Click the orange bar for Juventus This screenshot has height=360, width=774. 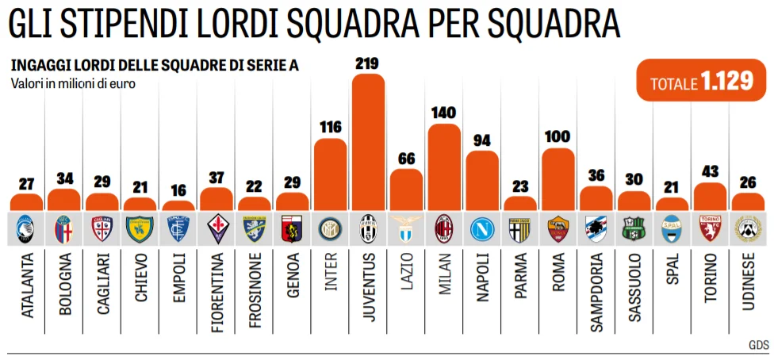tap(368, 143)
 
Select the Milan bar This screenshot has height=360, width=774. tap(444, 167)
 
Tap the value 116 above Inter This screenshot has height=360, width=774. tap(330, 127)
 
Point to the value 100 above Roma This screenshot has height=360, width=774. tap(558, 136)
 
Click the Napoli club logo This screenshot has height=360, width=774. tap(482, 228)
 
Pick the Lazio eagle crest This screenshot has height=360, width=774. tap(406, 228)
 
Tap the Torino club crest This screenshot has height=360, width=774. tap(710, 228)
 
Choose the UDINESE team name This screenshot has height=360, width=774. tap(748, 285)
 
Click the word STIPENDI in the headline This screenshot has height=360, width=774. tap(138, 25)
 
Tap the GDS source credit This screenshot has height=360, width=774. tap(759, 345)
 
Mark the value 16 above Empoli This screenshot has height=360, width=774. tap(178, 190)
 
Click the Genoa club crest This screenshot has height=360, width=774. tap(292, 228)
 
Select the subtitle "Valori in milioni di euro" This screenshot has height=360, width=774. tap(73, 83)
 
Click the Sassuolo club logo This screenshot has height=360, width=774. tap(634, 228)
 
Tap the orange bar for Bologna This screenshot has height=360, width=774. tap(64, 200)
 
